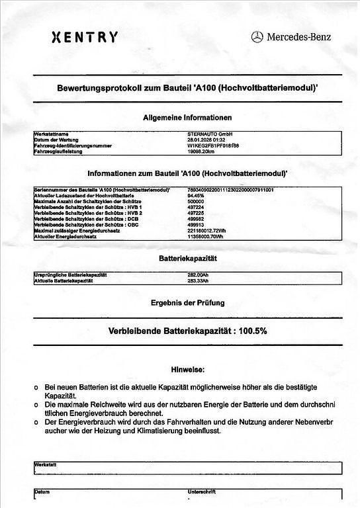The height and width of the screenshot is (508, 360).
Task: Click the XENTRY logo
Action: pos(85,37)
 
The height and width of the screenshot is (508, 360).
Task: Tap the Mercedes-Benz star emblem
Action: pos(257,38)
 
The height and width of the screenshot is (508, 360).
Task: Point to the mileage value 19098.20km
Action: pos(201,151)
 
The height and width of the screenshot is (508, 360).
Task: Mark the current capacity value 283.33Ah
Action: pos(199,280)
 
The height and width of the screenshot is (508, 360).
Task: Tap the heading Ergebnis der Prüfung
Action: pos(188,303)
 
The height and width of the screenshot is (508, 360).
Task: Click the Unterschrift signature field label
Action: pos(201,492)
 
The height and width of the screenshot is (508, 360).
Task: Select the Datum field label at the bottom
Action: pos(42,492)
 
